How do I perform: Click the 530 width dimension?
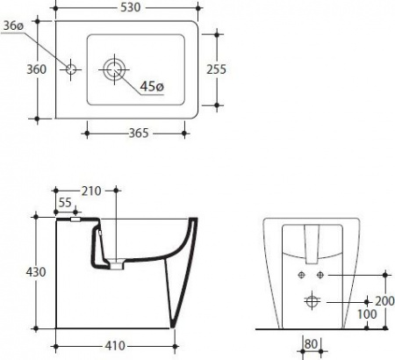coord(131,7)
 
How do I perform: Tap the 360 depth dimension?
coord(37,69)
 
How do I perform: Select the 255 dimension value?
coord(217,69)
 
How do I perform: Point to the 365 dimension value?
coord(139,133)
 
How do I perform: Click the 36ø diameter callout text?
coord(13,26)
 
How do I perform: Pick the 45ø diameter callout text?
coord(152,86)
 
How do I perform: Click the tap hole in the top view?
coord(71,69)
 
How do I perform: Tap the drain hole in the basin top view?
coord(114,69)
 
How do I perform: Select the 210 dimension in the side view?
coord(91,191)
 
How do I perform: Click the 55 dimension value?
coord(65,202)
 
